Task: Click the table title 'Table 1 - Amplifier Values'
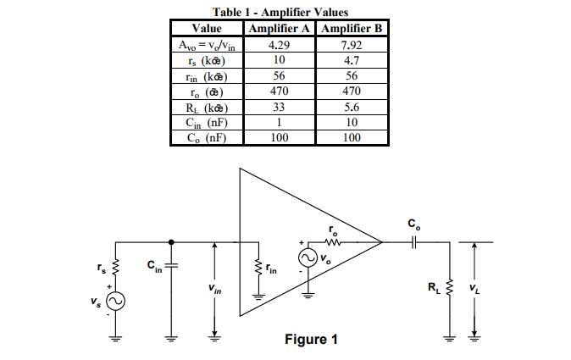point(285,11)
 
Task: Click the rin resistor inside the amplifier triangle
point(255,269)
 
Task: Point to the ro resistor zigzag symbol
point(331,242)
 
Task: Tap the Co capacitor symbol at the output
point(412,242)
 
